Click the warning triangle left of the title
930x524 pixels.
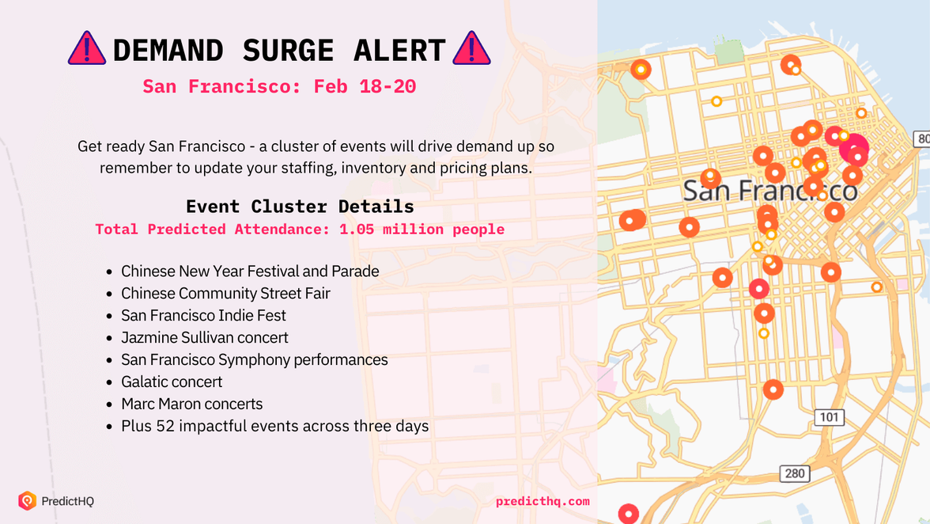pos(87,49)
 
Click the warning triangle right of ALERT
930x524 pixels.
pos(471,49)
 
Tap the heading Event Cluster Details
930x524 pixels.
pos(300,207)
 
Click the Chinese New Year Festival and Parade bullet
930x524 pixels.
pos(250,271)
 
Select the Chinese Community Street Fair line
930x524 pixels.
pos(225,294)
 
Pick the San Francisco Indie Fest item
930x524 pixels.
pos(203,316)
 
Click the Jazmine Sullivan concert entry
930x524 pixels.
pos(204,338)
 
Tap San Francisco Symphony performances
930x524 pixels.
pos(254,360)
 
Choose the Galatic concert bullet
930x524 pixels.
pos(172,382)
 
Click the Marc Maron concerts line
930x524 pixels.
pos(191,404)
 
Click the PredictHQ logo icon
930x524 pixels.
pos(28,500)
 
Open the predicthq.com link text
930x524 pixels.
pos(542,501)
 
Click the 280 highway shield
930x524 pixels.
pos(794,473)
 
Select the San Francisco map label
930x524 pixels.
pos(769,191)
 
